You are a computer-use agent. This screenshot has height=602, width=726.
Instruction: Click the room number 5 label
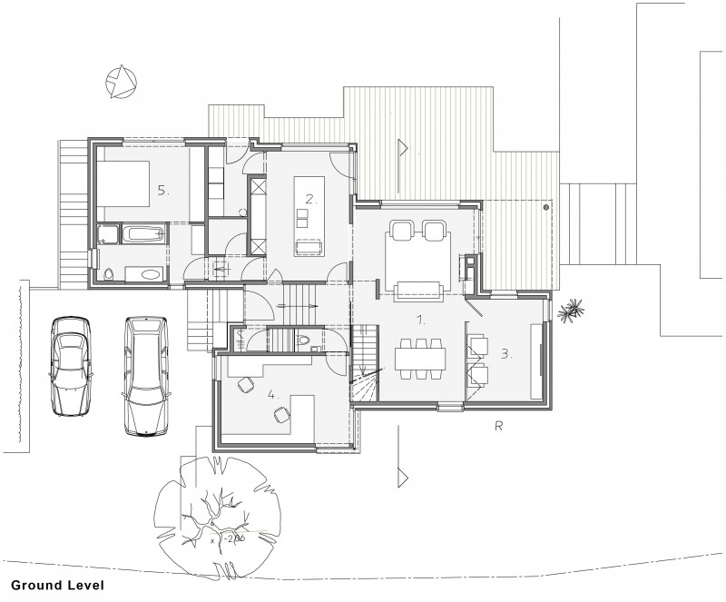tap(163, 191)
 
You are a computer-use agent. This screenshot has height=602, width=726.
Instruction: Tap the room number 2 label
tap(310, 198)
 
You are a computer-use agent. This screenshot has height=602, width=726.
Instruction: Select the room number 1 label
tap(420, 321)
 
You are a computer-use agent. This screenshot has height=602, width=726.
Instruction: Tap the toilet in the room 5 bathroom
tap(109, 273)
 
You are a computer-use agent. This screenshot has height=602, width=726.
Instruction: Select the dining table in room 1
tap(420, 358)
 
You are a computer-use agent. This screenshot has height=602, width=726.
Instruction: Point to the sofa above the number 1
tap(418, 290)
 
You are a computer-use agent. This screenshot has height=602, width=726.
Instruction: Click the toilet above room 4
tap(306, 340)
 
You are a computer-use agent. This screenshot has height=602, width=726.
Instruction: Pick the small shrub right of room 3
tap(572, 311)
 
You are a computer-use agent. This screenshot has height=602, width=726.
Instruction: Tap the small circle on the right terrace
tap(545, 208)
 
